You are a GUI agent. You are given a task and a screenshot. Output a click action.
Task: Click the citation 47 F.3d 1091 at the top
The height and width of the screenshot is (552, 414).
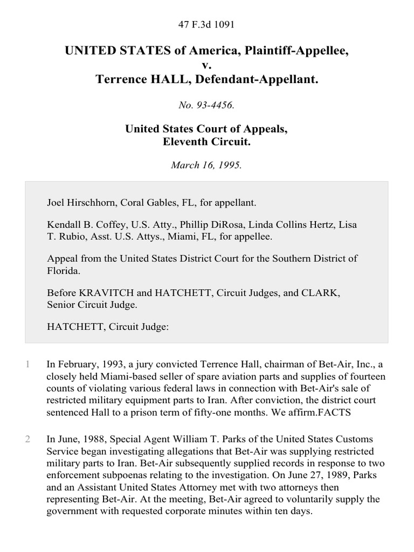206,24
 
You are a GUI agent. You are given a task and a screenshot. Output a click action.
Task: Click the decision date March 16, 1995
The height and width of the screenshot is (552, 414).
206,165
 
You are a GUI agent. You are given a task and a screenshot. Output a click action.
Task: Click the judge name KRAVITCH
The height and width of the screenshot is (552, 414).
99,293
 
